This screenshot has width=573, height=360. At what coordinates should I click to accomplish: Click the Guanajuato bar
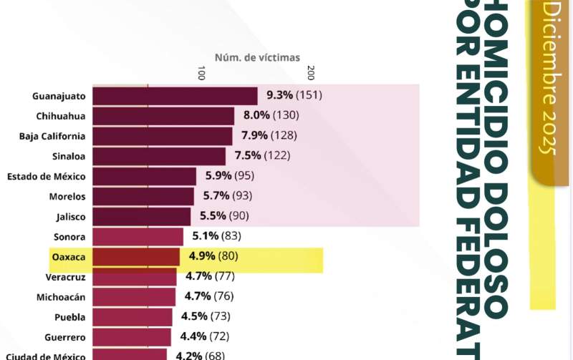(x=175, y=96)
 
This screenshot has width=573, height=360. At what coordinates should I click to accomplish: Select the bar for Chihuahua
(x=163, y=116)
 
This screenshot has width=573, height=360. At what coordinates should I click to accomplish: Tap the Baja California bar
(x=163, y=136)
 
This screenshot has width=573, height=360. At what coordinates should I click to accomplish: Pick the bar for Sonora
(x=138, y=236)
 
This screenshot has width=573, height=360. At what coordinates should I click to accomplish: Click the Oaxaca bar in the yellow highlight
(x=136, y=256)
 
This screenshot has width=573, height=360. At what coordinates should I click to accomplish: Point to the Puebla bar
(x=133, y=316)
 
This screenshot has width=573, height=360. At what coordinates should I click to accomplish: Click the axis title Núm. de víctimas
(x=257, y=57)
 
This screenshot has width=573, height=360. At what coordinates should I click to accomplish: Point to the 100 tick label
(x=201, y=74)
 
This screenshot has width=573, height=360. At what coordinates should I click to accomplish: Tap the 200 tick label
(x=310, y=74)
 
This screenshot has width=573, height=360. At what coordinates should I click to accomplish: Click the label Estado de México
(x=47, y=176)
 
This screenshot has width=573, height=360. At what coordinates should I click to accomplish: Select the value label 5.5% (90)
(x=224, y=215)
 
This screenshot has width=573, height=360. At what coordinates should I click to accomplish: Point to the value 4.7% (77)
(x=210, y=276)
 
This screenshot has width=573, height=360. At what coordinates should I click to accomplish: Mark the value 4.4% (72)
(x=206, y=336)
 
